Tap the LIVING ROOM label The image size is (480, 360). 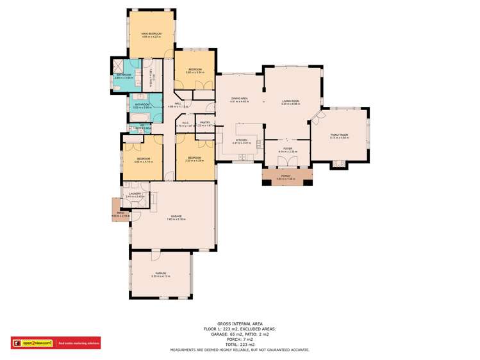tap(291, 101)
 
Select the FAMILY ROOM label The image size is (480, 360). tap(339, 135)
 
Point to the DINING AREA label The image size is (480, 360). tap(239, 98)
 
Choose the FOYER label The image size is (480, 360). tap(286, 149)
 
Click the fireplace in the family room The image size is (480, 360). tap(338, 165)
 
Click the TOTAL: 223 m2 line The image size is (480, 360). tap(240, 345)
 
